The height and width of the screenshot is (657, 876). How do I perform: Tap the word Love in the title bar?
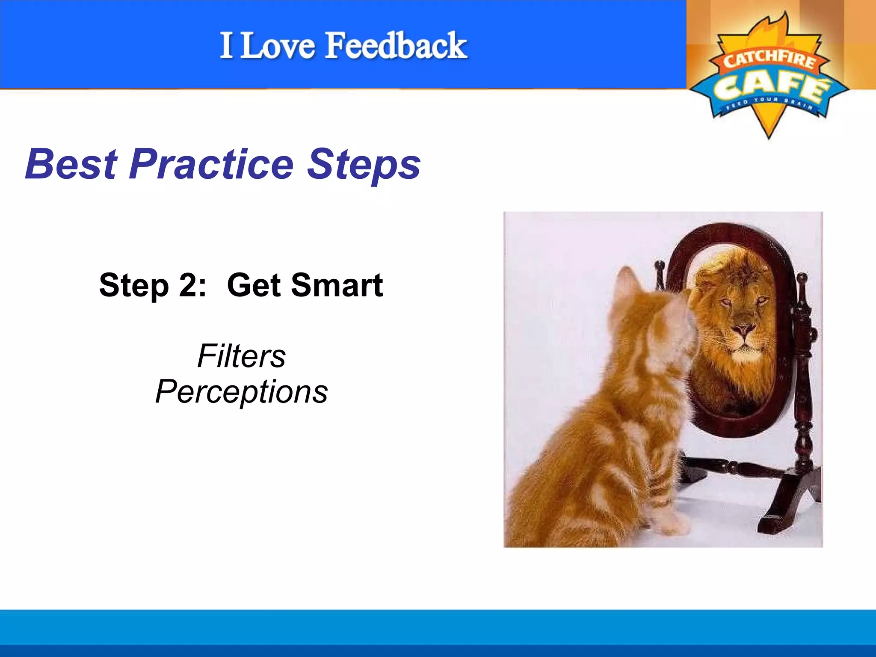coord(278,46)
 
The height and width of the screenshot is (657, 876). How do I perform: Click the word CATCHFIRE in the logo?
coord(769,59)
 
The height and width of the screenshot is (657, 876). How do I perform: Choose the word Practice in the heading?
coord(211,164)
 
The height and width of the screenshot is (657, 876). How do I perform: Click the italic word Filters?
coord(241,356)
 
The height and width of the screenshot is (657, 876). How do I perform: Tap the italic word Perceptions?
coord(241,392)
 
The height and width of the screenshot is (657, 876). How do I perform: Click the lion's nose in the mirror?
coord(743,329)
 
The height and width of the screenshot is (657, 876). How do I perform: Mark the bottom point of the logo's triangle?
coord(769,137)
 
